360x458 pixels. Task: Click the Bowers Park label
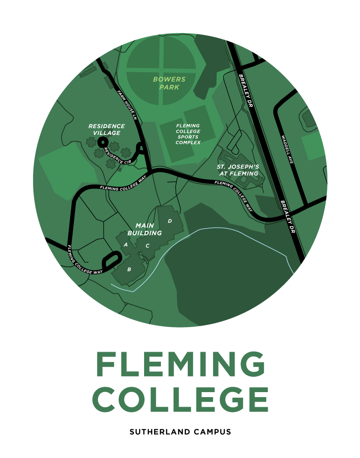[169, 83]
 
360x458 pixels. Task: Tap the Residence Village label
[106, 129]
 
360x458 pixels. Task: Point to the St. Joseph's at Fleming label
[237, 170]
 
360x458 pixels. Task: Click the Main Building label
[145, 229]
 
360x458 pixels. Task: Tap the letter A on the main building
[125, 244]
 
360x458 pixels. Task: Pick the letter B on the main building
[129, 269]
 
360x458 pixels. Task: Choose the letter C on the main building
[147, 246]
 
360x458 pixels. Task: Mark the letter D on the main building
[170, 221]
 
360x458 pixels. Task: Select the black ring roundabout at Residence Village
[100, 143]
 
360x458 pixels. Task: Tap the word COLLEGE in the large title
[180, 399]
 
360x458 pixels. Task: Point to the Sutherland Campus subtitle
[180, 432]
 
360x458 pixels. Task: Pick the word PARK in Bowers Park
[169, 87]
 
